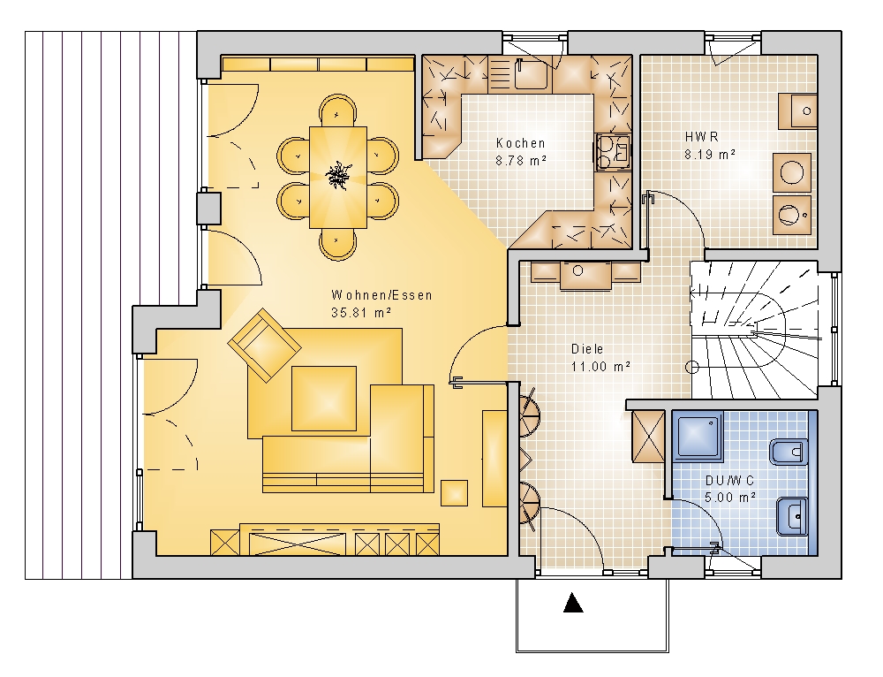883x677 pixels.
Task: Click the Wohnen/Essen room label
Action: (381, 295)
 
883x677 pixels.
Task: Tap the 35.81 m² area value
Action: (361, 312)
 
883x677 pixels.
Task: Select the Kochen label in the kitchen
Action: (520, 143)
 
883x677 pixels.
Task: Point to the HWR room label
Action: (702, 136)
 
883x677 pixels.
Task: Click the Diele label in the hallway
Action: (587, 349)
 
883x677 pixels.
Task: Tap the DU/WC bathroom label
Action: (730, 481)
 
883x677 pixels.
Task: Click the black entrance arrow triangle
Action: (573, 603)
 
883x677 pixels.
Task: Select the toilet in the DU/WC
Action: (789, 451)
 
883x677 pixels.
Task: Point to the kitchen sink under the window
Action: (530, 73)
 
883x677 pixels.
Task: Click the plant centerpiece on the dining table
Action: (338, 175)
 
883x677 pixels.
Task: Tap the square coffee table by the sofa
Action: (324, 399)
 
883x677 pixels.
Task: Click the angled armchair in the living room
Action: (264, 344)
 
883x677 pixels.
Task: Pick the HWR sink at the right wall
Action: (797, 111)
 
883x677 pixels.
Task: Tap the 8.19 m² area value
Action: (710, 154)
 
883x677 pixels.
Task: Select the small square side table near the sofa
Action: (454, 492)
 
